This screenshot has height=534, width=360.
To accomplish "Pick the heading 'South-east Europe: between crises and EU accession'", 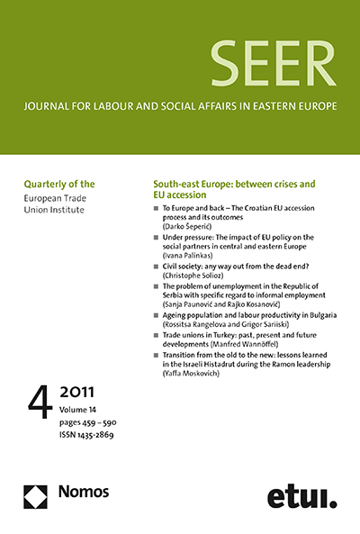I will tap(233, 189).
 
